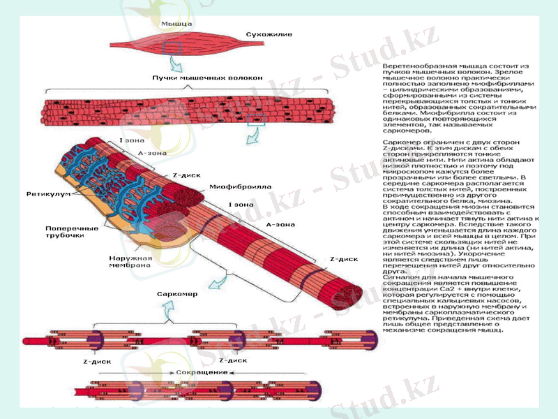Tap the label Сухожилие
[x=268, y=34]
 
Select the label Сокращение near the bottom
[x=202, y=372]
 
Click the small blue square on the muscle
[x=172, y=47]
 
